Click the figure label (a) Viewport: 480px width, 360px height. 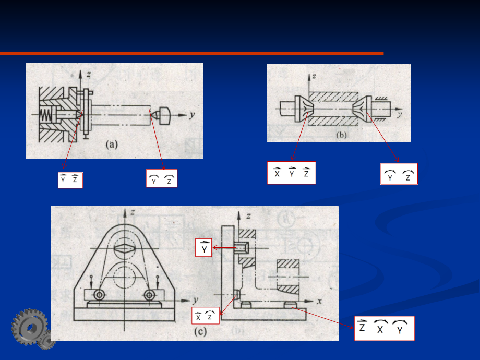pos(112,145)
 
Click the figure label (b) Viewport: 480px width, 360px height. pos(341,135)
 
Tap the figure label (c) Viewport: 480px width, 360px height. pos(200,332)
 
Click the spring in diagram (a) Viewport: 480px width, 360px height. pos(46,115)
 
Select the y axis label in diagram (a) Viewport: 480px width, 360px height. pos(192,115)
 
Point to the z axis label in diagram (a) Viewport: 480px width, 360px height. pos(89,74)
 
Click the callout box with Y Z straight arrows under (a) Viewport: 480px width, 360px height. pos(70,180)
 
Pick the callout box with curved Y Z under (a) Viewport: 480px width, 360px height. pos(161,178)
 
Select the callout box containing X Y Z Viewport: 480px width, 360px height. pos(292,173)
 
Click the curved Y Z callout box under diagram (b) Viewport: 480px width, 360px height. pos(399,174)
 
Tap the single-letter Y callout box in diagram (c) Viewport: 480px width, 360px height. pos(203,247)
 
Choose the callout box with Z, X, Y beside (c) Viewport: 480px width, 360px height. pos(385,328)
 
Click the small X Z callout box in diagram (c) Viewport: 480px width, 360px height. pos(206,315)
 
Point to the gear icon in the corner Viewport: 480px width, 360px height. pos(32,329)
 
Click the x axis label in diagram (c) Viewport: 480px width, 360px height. pos(319,301)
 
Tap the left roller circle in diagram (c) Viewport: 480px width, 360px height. pos(100,295)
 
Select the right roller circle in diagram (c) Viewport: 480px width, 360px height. pos(149,295)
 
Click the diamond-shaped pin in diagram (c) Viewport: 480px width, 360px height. pos(125,248)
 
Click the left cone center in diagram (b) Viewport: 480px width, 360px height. pos(304,109)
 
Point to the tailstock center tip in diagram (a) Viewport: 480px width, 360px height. pos(150,115)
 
